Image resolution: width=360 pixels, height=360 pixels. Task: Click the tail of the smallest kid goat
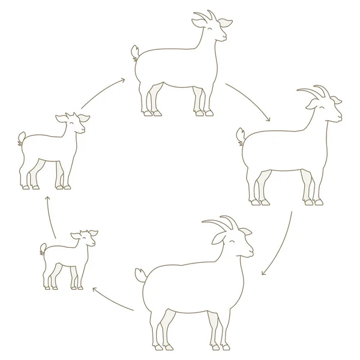click(43, 247)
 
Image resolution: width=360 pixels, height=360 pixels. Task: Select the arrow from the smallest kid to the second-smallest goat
click(51, 219)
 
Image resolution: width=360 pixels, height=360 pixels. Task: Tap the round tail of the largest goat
click(140, 274)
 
